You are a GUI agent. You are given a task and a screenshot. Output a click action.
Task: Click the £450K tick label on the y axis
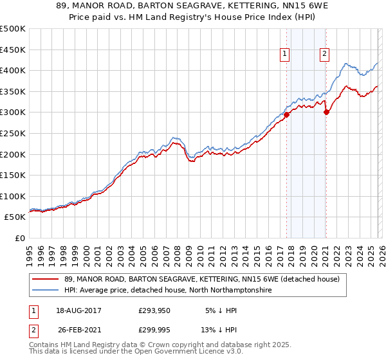pos(13,50)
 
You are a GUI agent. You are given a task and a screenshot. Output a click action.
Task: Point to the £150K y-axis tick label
pos(13,175)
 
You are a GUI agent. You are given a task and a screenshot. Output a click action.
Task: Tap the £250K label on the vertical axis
pos(13,133)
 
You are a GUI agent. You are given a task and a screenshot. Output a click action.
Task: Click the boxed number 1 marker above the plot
pos(284,55)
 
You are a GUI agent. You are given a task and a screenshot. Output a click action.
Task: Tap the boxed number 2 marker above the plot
pos(324,55)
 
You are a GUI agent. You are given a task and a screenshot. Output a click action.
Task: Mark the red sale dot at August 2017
pos(286,115)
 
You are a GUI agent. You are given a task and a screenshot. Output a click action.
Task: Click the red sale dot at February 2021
pos(326,112)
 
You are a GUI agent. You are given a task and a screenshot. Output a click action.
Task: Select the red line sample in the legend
pos(46,279)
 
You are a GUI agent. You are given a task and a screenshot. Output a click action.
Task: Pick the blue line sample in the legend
pos(46,291)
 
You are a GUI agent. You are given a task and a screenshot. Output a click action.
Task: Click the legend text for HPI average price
pos(168,291)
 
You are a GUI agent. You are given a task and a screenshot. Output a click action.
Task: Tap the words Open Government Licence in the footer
pos(194,352)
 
